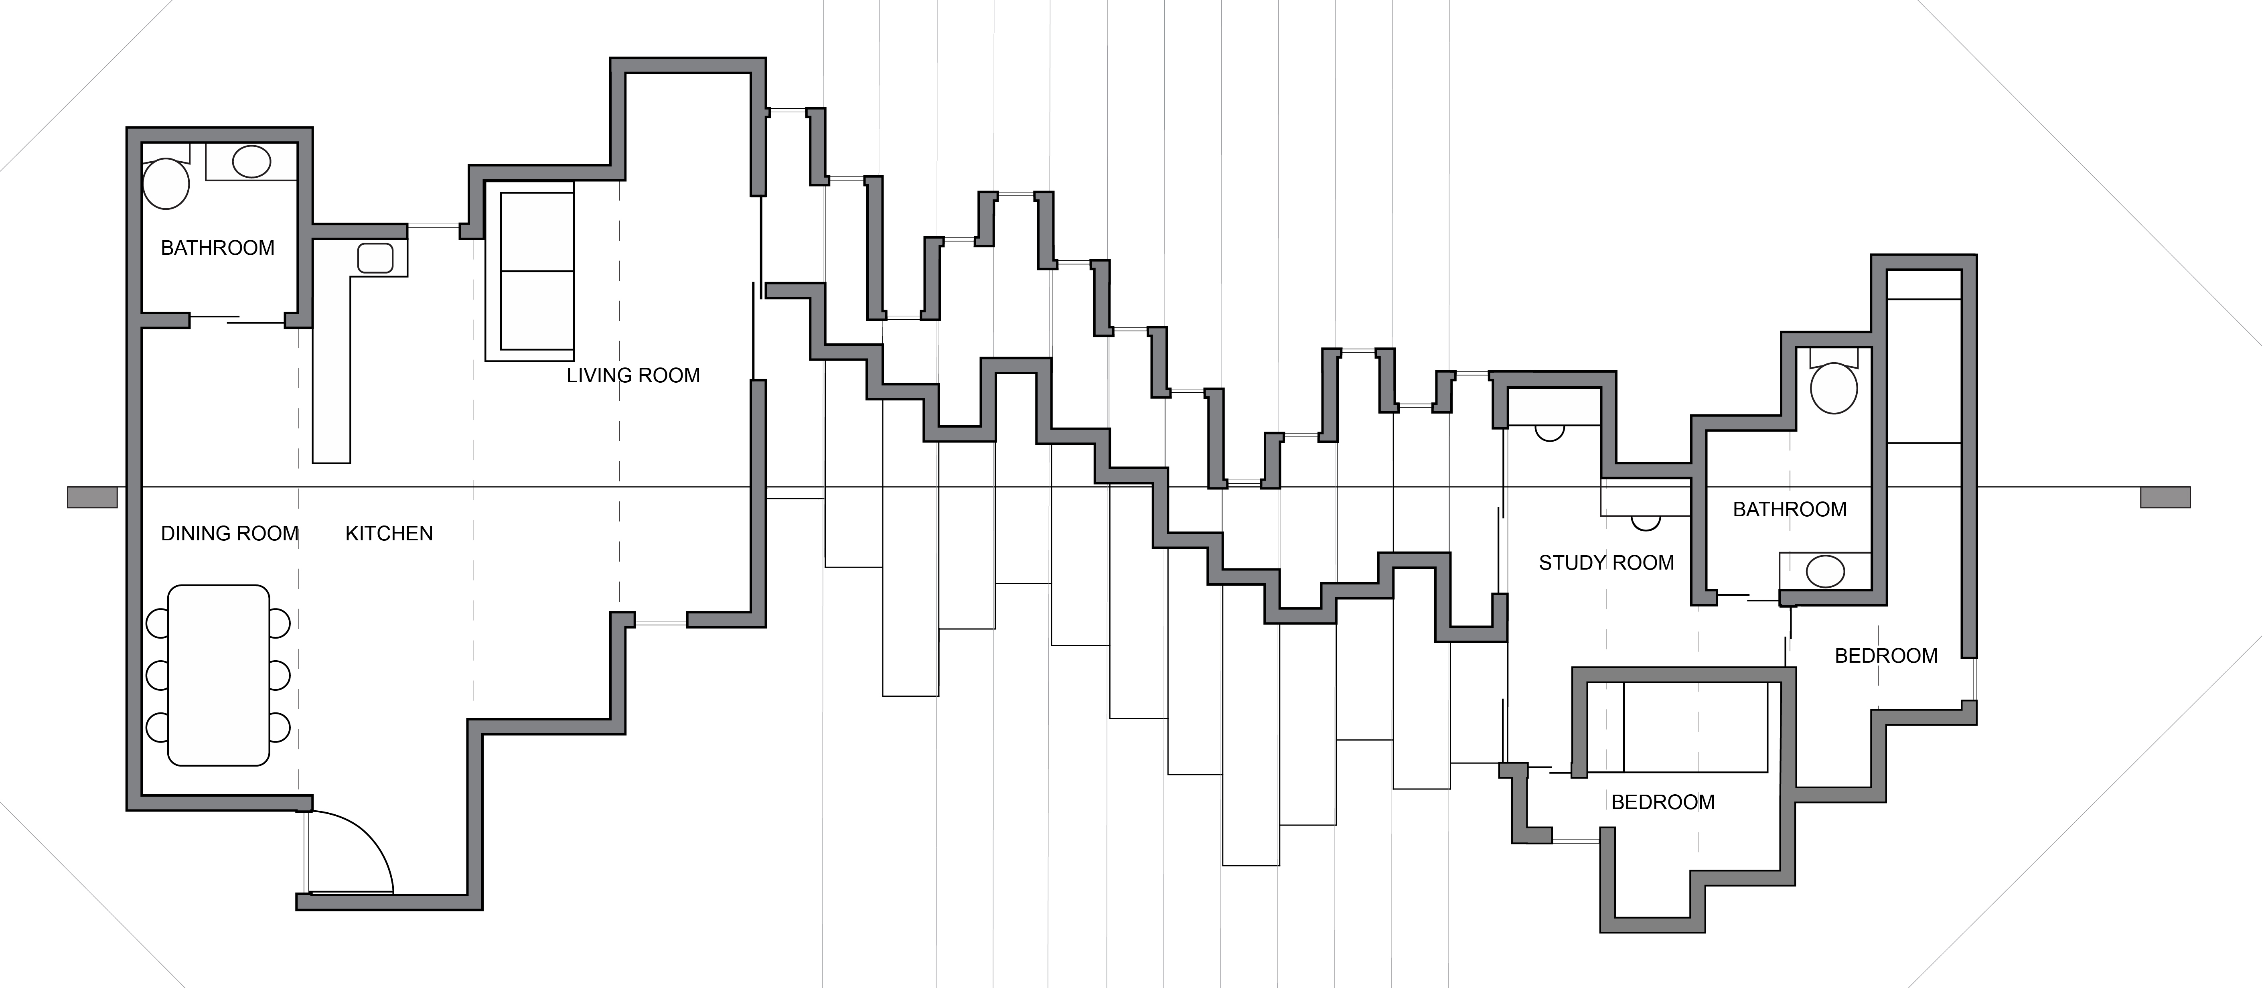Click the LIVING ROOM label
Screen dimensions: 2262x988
[x=633, y=376]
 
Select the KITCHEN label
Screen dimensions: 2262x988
[x=389, y=534]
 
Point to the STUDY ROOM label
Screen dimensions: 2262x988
[x=1606, y=563]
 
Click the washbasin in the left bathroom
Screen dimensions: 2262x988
[x=251, y=162]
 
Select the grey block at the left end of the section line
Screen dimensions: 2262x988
[x=92, y=497]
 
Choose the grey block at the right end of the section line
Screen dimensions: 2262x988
[x=2165, y=497]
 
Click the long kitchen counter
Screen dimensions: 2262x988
[x=332, y=369]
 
